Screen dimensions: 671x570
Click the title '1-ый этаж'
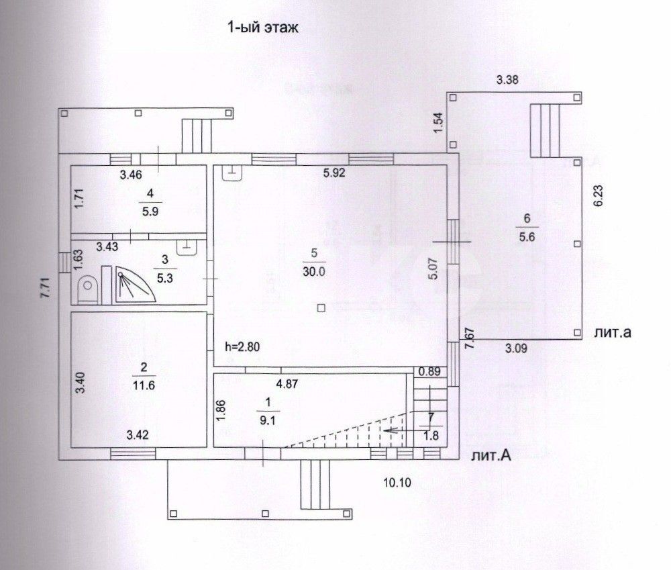[x=262, y=28]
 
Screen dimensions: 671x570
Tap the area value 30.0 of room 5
[x=314, y=271]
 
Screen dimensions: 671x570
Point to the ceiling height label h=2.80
[x=242, y=346]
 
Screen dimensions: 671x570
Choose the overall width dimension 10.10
[x=397, y=483]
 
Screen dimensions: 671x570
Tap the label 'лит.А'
[x=491, y=456]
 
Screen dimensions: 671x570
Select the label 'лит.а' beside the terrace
[x=613, y=332]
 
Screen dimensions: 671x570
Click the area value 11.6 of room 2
[x=144, y=385]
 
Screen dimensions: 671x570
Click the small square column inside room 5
[x=321, y=308]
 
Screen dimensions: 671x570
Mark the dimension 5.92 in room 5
[x=334, y=173]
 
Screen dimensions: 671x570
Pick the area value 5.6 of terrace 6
[x=527, y=237]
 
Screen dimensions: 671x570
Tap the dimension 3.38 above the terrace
[x=507, y=80]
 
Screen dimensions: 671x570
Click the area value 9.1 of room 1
[x=268, y=421]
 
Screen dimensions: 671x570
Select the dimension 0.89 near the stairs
[x=429, y=372]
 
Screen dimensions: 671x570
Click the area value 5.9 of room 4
[x=150, y=212]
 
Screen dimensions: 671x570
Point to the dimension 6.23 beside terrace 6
[x=599, y=195]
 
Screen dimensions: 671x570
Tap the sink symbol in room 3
[x=186, y=248]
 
